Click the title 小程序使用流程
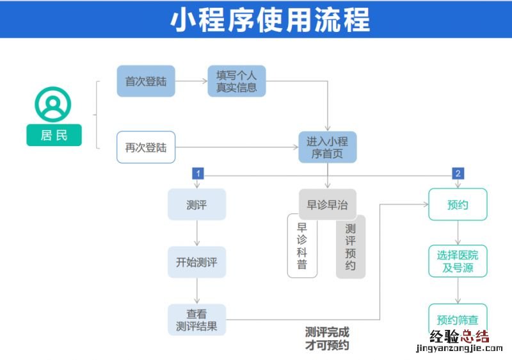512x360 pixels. (x=269, y=19)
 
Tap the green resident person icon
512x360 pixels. (x=53, y=104)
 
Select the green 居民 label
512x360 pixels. (x=54, y=135)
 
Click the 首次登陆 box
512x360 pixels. (x=146, y=81)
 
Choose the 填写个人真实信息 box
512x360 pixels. (x=236, y=81)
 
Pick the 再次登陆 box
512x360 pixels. (x=146, y=147)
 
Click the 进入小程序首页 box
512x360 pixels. (x=327, y=147)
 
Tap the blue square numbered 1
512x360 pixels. (x=198, y=174)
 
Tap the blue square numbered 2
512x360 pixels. (x=458, y=174)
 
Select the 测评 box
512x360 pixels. (x=196, y=205)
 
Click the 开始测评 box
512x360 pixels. (x=196, y=262)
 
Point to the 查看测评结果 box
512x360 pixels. (x=196, y=320)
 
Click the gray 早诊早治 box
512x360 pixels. (x=327, y=205)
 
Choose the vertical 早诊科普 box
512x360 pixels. (x=302, y=246)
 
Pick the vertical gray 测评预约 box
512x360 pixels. (x=351, y=246)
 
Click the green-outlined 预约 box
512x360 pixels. (x=458, y=205)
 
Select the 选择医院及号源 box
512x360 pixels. (x=458, y=262)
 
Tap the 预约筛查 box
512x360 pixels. (x=458, y=319)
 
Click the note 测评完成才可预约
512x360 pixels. (x=327, y=339)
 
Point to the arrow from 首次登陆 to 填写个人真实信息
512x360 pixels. (x=191, y=81)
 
